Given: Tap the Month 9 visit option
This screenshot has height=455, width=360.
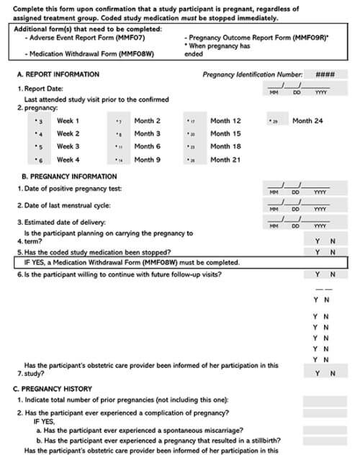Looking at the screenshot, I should [x=120, y=160].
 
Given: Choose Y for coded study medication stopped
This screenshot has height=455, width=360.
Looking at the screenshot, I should [x=316, y=252].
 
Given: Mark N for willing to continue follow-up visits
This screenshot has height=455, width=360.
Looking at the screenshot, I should [x=332, y=275].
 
